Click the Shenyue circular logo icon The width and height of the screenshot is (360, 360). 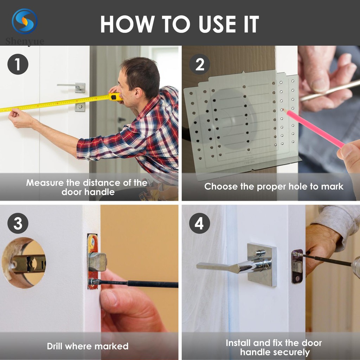(x=25, y=21)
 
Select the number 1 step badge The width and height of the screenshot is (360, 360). (x=18, y=64)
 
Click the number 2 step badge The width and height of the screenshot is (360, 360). (x=200, y=64)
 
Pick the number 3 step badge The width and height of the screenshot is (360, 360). (x=18, y=223)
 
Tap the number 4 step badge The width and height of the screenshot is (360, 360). (x=200, y=223)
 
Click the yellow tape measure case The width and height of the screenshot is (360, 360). (x=115, y=97)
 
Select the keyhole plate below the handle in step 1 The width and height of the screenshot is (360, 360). (x=80, y=107)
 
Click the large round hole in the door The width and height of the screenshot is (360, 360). (x=24, y=263)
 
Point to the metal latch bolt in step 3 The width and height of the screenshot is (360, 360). (x=97, y=262)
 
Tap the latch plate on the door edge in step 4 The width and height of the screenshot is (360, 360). (x=297, y=266)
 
